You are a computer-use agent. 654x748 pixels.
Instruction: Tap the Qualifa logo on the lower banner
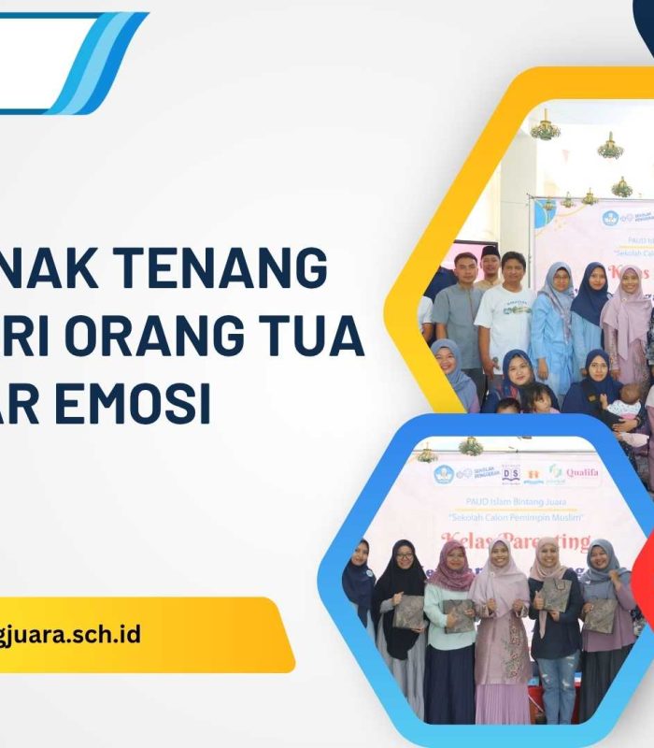(x=574, y=473)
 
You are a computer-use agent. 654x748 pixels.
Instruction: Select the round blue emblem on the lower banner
(x=443, y=474)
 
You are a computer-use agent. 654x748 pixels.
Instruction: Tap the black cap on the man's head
(x=489, y=252)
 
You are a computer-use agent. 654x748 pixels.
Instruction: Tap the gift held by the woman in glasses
(x=409, y=612)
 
